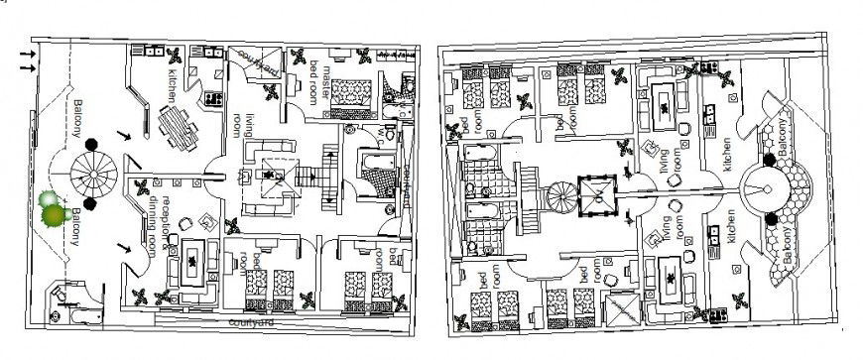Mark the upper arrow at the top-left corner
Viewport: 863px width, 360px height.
click(x=27, y=54)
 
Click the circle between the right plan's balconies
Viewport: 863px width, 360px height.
click(x=765, y=186)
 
